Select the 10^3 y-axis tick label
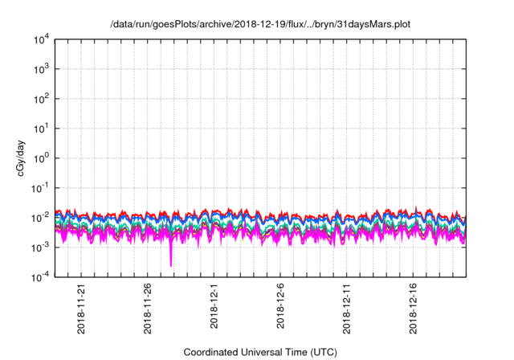[x=42, y=69]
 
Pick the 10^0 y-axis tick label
[x=42, y=158]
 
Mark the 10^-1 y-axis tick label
[x=41, y=188]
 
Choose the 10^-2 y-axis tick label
[x=41, y=218]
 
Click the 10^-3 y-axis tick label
[x=41, y=247]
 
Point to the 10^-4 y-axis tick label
[x=41, y=277]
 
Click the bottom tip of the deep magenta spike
[x=171, y=266]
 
